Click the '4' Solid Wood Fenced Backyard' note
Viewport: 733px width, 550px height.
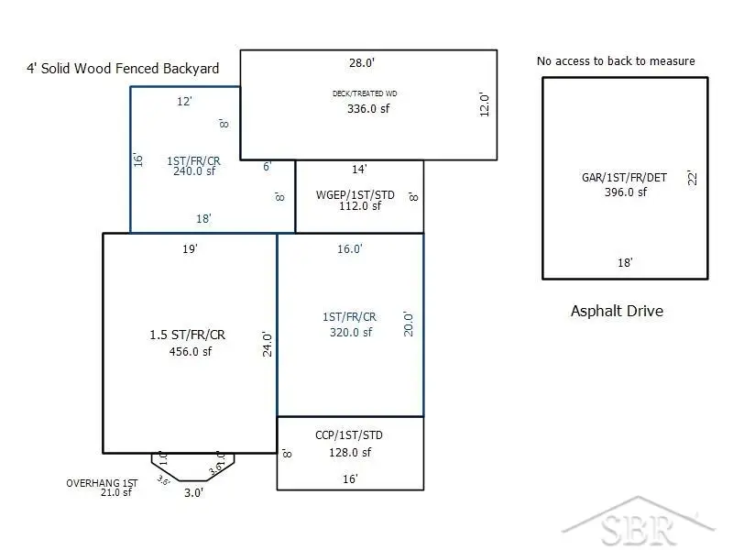(123, 69)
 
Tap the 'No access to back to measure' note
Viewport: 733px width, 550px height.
(616, 61)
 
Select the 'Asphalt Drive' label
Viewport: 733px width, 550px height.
(617, 311)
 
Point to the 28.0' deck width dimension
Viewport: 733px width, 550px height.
(362, 63)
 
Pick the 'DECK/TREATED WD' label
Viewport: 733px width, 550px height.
(365, 93)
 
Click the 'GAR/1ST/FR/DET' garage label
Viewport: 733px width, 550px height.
(626, 179)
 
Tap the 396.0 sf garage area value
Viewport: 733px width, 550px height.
(626, 192)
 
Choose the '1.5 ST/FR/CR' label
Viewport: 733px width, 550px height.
(187, 335)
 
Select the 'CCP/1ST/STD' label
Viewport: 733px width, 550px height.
(349, 435)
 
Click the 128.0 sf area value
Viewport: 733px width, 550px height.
(350, 452)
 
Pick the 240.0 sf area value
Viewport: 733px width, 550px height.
(194, 170)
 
